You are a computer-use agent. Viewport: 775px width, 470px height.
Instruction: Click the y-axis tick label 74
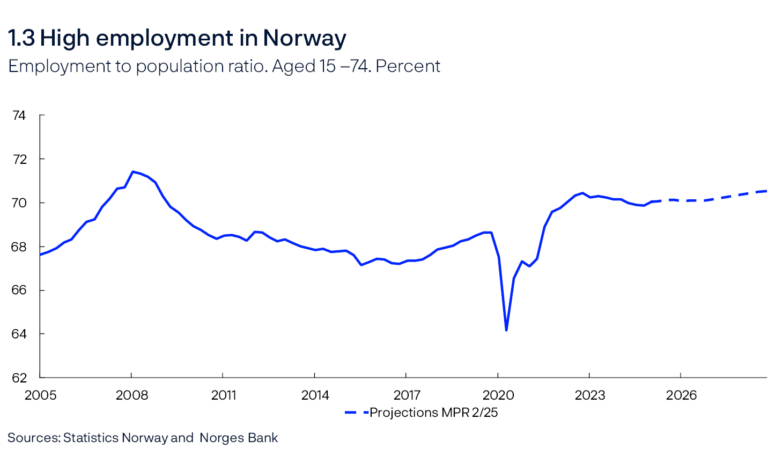19,115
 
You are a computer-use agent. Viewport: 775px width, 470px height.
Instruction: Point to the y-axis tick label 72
19,160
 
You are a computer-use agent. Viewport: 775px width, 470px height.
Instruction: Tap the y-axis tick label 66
19,290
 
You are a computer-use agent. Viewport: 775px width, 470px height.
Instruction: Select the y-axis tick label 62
19,378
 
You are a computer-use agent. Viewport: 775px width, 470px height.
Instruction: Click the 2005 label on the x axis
40,395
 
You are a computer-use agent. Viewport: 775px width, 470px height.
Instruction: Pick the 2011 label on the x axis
223,395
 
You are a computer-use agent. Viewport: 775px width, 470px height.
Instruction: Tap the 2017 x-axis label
407,395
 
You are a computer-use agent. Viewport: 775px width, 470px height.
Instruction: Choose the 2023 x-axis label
589,395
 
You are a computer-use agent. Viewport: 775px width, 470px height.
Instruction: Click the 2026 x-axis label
681,395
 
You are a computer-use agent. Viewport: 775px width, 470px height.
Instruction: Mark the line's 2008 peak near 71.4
132,172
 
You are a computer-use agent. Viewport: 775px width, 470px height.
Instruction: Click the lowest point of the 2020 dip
506,330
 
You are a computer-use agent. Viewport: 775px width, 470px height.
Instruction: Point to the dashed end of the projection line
765,191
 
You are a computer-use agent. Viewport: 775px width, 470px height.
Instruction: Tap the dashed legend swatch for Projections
356,413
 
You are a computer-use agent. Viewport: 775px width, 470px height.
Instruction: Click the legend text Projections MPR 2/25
433,413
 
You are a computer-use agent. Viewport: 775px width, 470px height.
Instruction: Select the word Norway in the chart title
304,38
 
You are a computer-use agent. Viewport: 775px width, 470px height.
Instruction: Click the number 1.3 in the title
21,38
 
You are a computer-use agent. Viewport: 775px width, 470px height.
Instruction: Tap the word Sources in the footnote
33,438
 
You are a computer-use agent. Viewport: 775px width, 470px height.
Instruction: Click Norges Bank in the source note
239,438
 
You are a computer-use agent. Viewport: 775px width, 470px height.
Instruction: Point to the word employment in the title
165,38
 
